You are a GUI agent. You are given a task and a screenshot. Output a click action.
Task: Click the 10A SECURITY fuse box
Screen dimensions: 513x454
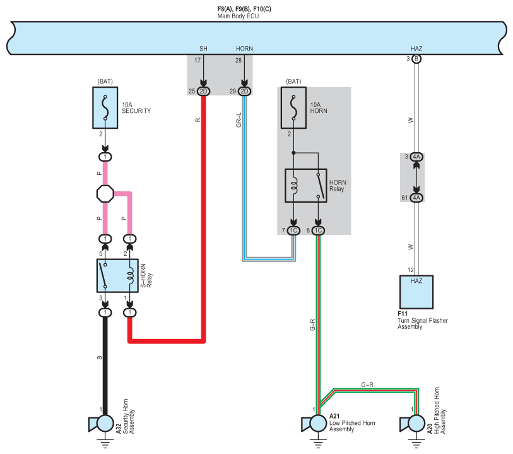click(x=105, y=108)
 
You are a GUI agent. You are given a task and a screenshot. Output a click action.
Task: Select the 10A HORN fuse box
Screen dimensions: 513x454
click(x=293, y=108)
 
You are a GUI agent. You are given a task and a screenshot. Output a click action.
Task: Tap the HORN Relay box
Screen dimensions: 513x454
click(x=306, y=186)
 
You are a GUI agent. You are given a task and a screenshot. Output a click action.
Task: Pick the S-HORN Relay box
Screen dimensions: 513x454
click(x=117, y=275)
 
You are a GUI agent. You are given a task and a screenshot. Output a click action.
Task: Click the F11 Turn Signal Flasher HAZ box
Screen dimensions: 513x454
click(x=416, y=292)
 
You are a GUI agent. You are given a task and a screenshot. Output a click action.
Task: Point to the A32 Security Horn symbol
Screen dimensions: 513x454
click(x=102, y=424)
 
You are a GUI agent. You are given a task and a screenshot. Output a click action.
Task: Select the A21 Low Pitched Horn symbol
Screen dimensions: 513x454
click(x=314, y=424)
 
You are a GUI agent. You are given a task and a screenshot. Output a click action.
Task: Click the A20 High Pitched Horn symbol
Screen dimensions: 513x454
click(x=413, y=424)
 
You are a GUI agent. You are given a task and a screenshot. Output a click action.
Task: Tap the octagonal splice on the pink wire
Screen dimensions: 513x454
click(x=105, y=194)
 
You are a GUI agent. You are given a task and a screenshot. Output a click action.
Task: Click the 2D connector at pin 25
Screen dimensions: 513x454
click(x=203, y=92)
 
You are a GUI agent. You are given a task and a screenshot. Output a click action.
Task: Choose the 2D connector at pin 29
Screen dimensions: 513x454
click(x=244, y=92)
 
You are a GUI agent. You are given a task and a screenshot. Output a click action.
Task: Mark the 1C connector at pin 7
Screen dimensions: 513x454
click(x=293, y=230)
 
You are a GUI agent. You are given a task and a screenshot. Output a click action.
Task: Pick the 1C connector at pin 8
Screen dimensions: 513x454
click(x=318, y=230)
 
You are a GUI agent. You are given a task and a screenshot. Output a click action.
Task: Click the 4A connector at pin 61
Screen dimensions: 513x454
click(x=416, y=198)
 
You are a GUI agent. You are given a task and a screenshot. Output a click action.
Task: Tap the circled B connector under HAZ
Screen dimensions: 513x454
click(x=416, y=59)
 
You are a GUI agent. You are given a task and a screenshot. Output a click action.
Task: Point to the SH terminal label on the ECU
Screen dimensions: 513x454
click(x=203, y=49)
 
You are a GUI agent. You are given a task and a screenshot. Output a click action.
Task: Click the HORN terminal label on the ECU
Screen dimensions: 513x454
click(x=244, y=49)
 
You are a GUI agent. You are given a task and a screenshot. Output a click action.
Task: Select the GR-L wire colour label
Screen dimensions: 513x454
click(x=239, y=120)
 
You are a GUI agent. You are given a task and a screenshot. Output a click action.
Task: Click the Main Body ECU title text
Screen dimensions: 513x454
click(x=238, y=16)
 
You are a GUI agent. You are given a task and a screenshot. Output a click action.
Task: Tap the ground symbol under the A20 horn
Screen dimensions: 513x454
click(x=416, y=443)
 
